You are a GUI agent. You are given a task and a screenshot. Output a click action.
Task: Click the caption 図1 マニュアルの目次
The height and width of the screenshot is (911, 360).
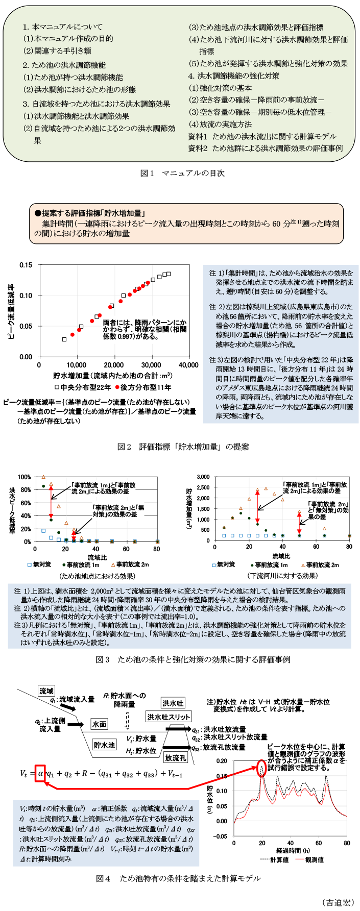pyautogui.click(x=182, y=173)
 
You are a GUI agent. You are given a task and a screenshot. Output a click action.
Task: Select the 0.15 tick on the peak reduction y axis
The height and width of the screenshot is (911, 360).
pyautogui.click(x=26, y=265)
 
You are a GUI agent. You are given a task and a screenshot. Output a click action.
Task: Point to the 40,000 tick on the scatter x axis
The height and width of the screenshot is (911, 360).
pyautogui.click(x=189, y=365)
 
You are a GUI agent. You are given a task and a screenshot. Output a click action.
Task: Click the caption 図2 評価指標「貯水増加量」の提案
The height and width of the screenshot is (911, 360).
pyautogui.click(x=183, y=447)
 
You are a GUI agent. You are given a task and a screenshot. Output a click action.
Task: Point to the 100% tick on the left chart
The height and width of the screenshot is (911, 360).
pyautogui.click(x=24, y=477)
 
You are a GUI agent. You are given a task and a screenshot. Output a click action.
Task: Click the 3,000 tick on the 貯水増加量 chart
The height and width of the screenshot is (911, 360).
pyautogui.click(x=203, y=477)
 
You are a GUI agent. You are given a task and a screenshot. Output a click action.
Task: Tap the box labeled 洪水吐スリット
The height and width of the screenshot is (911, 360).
pyautogui.click(x=169, y=717)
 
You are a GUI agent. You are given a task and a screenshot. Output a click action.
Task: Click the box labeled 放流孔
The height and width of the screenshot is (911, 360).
pyautogui.click(x=175, y=758)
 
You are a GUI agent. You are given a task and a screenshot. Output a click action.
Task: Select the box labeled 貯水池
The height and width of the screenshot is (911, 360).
pyautogui.click(x=104, y=745)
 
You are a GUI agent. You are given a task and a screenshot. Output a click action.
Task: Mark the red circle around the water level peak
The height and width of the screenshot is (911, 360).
pyautogui.click(x=262, y=769)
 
